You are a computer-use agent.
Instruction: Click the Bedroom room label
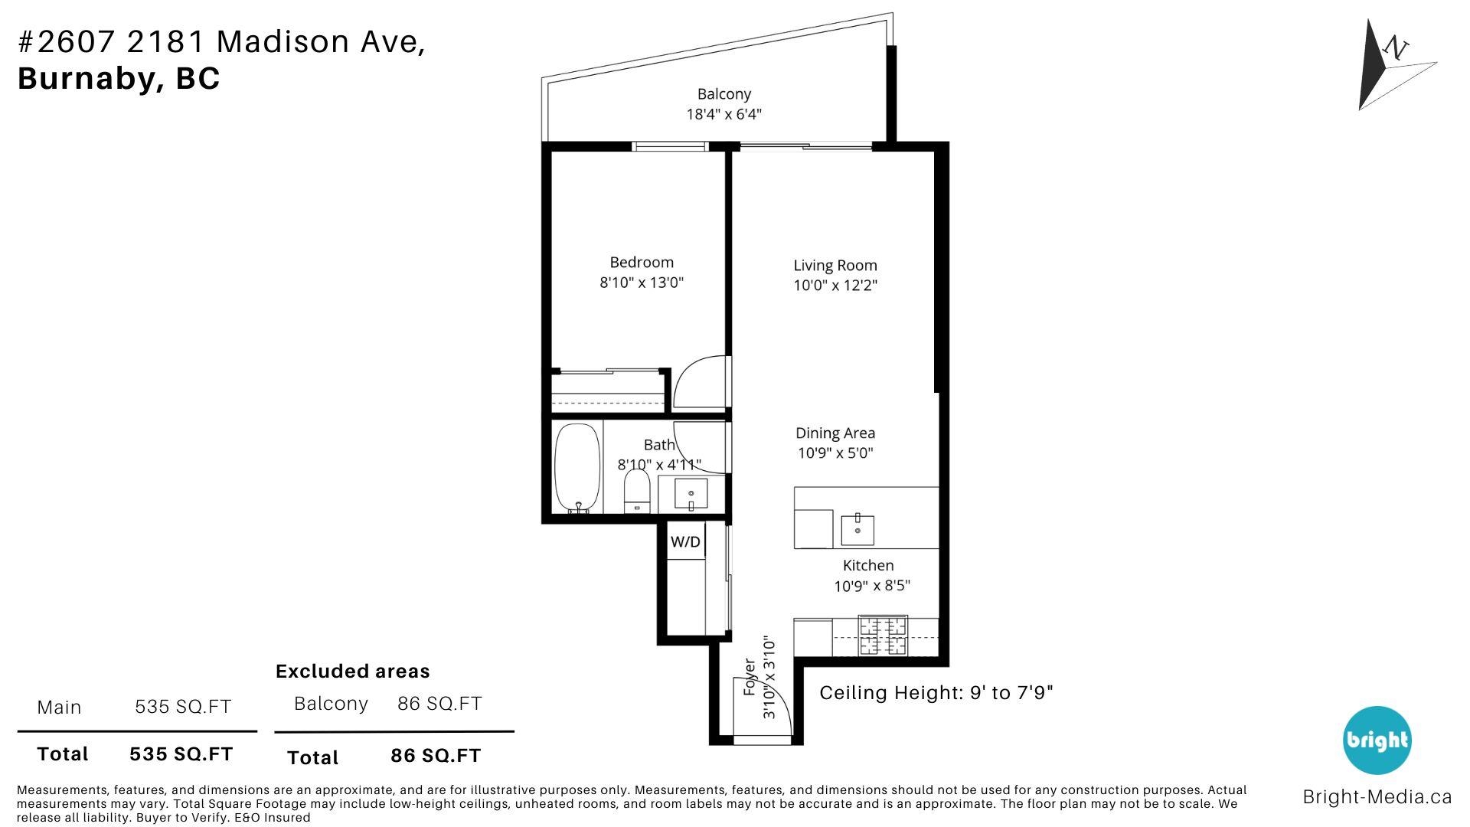coord(642,263)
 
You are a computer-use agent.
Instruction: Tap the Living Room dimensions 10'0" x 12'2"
coord(835,286)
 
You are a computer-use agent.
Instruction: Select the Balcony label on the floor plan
coord(724,94)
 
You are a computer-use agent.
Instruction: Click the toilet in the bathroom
coord(637,491)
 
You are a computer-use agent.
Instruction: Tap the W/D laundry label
coord(685,542)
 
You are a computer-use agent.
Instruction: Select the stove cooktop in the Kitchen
coord(883,636)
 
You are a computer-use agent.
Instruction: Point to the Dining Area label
coord(835,433)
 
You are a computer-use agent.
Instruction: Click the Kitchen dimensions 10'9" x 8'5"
coord(872,587)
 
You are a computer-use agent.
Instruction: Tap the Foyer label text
coord(750,678)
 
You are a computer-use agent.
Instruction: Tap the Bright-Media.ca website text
coord(1377,797)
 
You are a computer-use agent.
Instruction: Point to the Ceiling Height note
coord(936,693)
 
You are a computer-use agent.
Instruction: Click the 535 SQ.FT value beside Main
coord(183,707)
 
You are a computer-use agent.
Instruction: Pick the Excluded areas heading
coord(353,672)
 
